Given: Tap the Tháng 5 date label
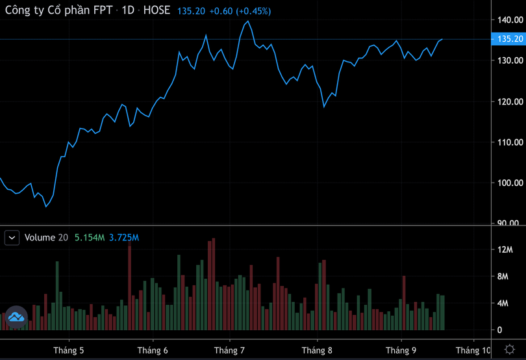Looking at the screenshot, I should click(68, 350).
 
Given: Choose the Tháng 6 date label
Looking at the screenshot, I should click(153, 350).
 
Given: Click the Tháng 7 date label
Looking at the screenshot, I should click(229, 350).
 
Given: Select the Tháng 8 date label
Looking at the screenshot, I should click(317, 350).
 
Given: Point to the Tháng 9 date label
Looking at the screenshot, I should click(401, 350).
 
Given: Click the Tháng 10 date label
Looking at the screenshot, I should click(473, 350).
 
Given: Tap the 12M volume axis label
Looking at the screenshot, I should click(505, 250).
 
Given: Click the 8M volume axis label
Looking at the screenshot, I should click(503, 277).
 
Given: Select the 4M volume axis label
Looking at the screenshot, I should click(503, 303).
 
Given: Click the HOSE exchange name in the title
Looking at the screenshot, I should click(157, 11).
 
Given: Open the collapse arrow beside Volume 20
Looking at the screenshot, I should click(12, 238).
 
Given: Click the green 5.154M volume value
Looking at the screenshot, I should click(90, 238).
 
